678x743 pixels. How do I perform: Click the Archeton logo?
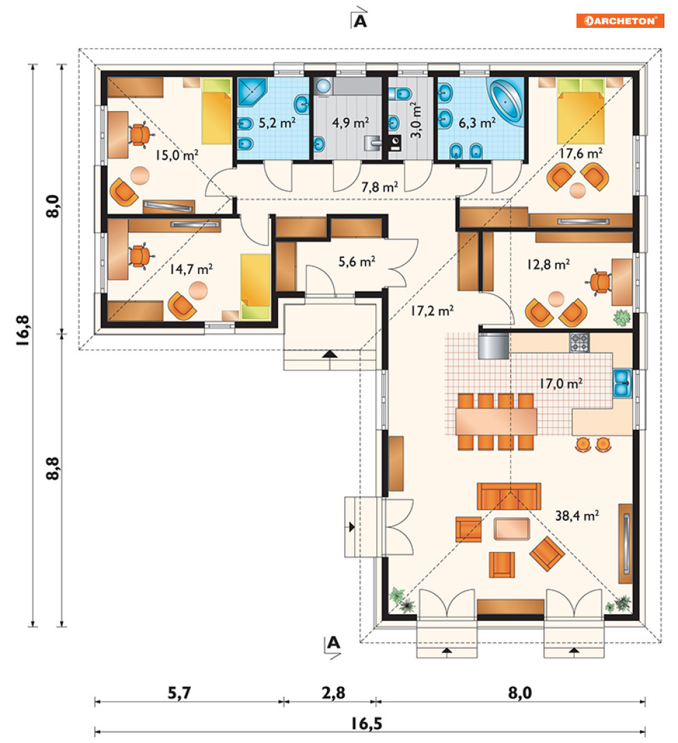click(x=619, y=21)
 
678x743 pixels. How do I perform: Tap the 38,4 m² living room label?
click(x=576, y=515)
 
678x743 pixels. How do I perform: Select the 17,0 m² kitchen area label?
click(x=561, y=383)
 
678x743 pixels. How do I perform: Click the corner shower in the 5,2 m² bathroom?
click(x=251, y=91)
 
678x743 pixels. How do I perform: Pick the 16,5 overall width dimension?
click(x=366, y=723)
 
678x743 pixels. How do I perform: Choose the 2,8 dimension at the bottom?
click(x=334, y=693)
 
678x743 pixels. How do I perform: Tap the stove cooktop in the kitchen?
click(x=579, y=343)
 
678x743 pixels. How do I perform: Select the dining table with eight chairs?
click(x=496, y=421)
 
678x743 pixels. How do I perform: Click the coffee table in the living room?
click(x=511, y=529)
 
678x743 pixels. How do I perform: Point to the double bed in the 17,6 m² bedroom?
click(x=581, y=111)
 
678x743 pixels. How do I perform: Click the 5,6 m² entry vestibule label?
click(x=357, y=261)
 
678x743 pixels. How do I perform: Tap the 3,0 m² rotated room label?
click(x=415, y=120)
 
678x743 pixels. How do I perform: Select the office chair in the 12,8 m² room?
click(x=600, y=282)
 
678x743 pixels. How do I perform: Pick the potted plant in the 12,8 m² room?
click(x=621, y=317)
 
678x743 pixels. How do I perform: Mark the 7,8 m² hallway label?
click(x=380, y=187)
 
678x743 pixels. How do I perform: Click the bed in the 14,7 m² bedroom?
click(x=255, y=287)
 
